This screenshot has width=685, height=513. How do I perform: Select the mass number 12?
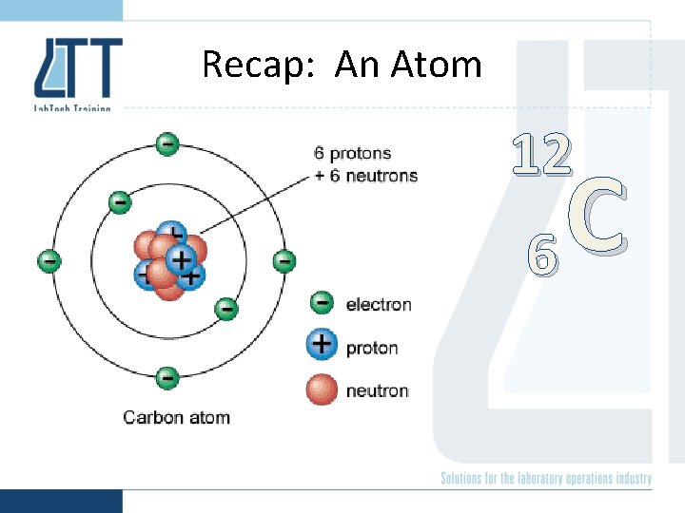[541, 155]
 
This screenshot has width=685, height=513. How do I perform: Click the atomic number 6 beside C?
[540, 255]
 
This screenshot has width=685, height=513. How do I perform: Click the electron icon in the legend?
[323, 303]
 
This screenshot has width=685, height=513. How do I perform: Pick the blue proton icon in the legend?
[323, 345]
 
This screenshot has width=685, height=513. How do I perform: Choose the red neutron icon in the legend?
[323, 389]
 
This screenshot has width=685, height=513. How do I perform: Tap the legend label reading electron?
[379, 304]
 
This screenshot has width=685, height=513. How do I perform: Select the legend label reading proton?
[372, 348]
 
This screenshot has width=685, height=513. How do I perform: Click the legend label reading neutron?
[377, 390]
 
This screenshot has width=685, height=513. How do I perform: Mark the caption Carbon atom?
[177, 417]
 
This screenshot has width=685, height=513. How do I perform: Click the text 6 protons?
[353, 153]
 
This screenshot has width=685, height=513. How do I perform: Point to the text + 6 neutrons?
[366, 175]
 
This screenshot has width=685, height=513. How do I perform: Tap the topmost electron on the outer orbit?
[166, 143]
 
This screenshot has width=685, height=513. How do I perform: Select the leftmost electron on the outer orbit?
[49, 260]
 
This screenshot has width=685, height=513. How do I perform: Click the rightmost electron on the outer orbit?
[284, 260]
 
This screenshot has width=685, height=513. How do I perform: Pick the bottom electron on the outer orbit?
[166, 377]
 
